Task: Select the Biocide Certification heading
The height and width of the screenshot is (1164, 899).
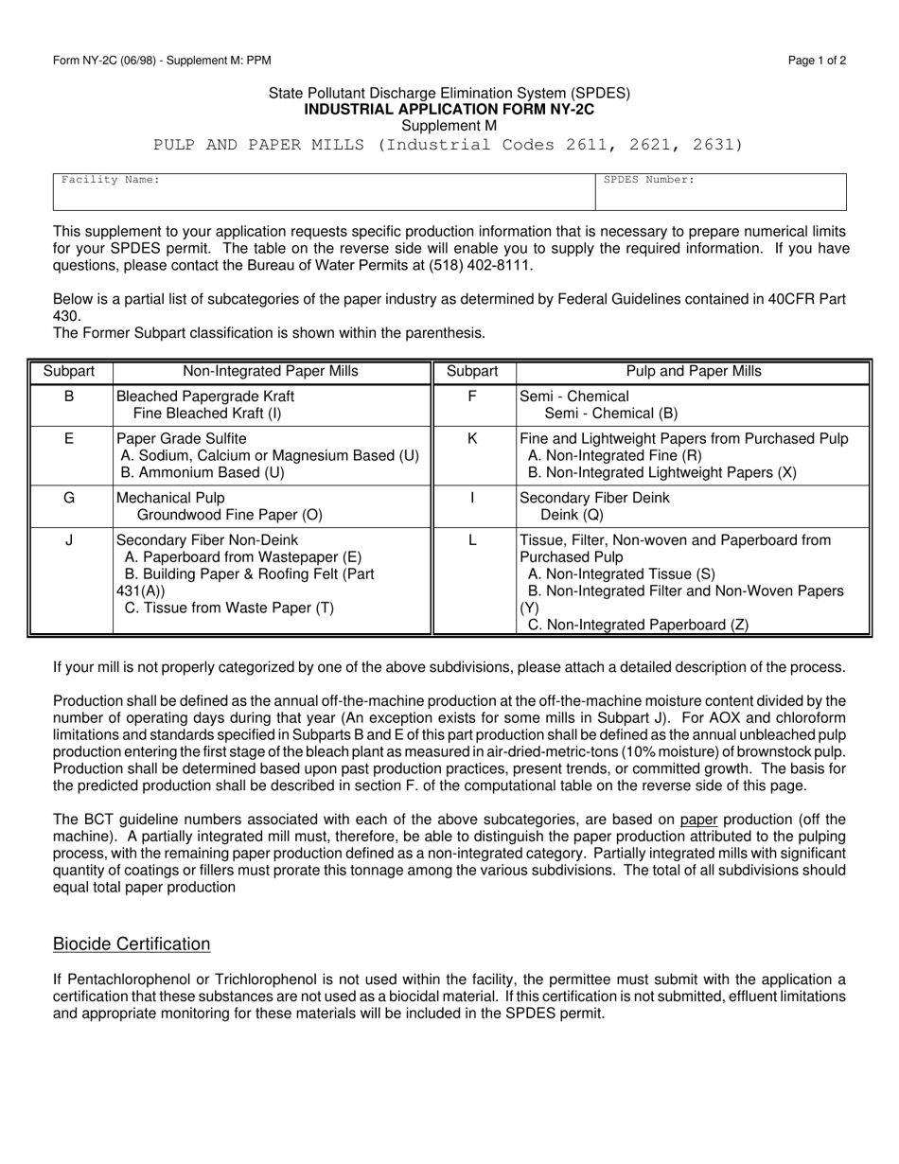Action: click(132, 944)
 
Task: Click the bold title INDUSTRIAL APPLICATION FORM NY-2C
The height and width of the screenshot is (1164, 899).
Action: click(449, 109)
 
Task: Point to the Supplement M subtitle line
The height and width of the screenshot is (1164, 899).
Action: click(449, 125)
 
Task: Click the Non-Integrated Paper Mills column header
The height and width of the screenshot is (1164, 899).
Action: click(272, 372)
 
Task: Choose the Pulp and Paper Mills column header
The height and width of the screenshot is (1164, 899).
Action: click(694, 372)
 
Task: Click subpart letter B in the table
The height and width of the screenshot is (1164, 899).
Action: click(69, 397)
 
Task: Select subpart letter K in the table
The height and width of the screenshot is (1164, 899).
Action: click(472, 438)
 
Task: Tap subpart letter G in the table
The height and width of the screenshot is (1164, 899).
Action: click(69, 497)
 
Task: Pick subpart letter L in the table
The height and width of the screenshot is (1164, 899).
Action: click(472, 539)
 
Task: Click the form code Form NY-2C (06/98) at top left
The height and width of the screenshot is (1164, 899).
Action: click(107, 61)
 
